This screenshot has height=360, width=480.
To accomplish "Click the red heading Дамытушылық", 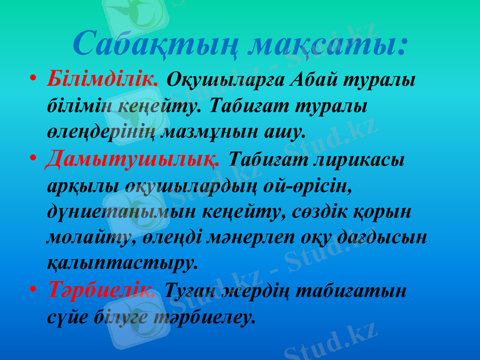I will point(136,160).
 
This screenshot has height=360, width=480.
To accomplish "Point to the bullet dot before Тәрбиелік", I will point(34,291).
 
